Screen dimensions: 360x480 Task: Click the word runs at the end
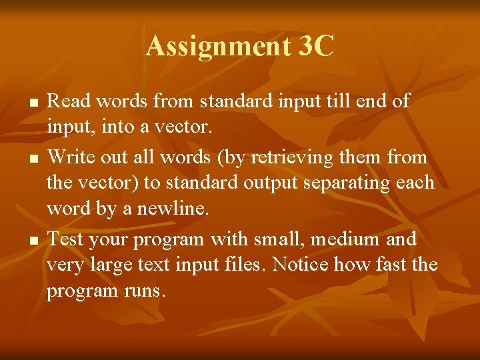coord(141,291)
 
